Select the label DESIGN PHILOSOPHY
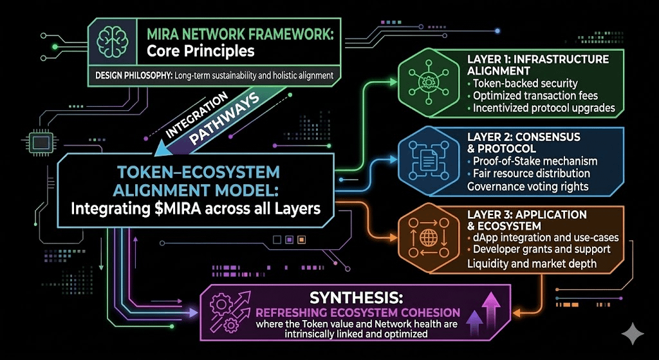tap(131, 75)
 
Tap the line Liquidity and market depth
tap(532, 263)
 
